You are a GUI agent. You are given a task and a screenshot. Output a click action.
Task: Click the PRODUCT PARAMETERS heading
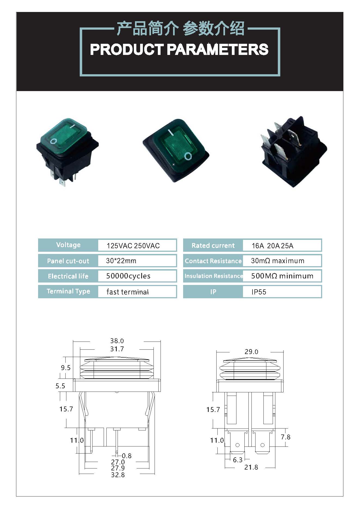point(179,49)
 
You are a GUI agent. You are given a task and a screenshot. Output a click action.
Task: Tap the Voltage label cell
point(68,245)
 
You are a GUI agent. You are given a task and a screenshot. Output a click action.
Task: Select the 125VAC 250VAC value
point(133,246)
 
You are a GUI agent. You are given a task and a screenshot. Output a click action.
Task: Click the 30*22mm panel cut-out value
point(121,261)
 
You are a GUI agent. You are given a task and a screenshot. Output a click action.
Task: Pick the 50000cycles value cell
point(128,276)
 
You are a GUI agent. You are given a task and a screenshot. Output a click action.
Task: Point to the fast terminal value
point(127,292)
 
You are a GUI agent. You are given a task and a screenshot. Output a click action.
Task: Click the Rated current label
point(213,246)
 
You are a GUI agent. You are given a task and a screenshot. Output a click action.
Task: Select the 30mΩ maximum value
point(278,261)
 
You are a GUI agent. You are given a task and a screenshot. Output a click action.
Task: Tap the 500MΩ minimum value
point(282,276)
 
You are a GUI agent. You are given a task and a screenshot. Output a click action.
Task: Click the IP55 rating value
point(259,292)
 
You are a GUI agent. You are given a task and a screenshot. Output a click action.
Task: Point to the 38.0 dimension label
point(117,341)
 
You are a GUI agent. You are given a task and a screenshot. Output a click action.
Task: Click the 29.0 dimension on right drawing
point(251,352)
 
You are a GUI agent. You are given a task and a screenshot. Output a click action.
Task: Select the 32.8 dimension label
point(118,475)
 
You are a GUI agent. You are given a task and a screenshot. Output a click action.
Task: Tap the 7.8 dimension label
point(285,437)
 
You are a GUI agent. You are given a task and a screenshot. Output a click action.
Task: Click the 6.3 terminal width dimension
point(238,460)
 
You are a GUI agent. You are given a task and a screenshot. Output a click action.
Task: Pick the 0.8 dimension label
point(127,456)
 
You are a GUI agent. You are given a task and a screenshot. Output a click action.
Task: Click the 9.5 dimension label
point(66,368)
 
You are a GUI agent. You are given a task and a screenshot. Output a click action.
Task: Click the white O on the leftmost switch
point(54,141)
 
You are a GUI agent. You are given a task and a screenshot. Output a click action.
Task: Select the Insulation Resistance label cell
point(213,276)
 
